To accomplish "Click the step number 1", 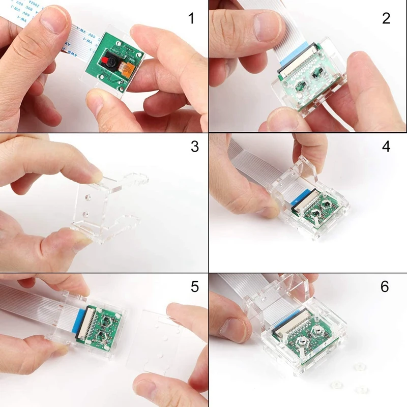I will click(x=191, y=19).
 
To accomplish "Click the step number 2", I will click(x=386, y=19).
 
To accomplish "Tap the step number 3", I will click(x=194, y=147).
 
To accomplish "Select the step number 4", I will click(x=386, y=147).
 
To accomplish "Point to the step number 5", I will click(x=194, y=286).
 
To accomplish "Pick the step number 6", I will click(x=385, y=286).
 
